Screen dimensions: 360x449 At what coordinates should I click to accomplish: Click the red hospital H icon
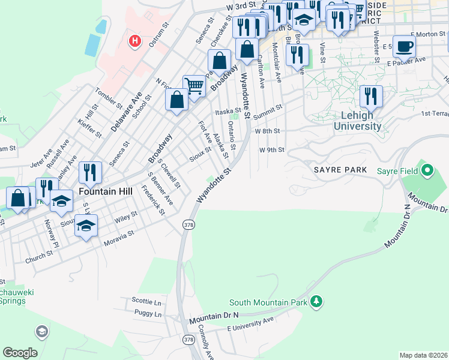135,41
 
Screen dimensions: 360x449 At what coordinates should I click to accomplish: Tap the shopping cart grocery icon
194,86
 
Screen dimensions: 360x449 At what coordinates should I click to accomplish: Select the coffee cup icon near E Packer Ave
405,46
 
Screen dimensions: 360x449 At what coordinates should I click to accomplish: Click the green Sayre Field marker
427,171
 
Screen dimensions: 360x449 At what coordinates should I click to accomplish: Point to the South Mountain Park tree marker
316,301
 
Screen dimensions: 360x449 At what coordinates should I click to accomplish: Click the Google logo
20,353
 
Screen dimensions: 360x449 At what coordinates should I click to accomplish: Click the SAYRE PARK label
340,170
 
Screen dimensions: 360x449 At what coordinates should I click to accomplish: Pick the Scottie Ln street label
147,300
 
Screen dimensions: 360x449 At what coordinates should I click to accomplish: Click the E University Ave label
250,325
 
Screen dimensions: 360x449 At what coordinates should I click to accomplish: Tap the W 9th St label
271,150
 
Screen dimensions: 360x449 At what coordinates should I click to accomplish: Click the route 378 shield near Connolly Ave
189,340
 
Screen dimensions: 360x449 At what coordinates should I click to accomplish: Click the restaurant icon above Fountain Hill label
90,172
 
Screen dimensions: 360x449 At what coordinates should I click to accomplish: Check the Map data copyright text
424,355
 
